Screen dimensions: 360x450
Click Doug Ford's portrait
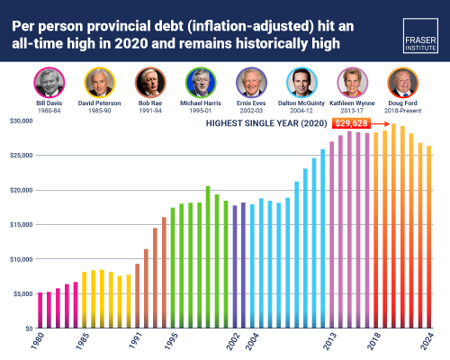(x=402, y=83)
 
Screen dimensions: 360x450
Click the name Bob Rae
(x=148, y=105)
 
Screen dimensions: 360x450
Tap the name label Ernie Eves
(x=250, y=105)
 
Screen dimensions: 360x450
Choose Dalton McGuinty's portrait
(x=301, y=83)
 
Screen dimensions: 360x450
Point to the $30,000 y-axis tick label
(x=21, y=120)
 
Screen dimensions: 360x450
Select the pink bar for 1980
(x=40, y=310)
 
